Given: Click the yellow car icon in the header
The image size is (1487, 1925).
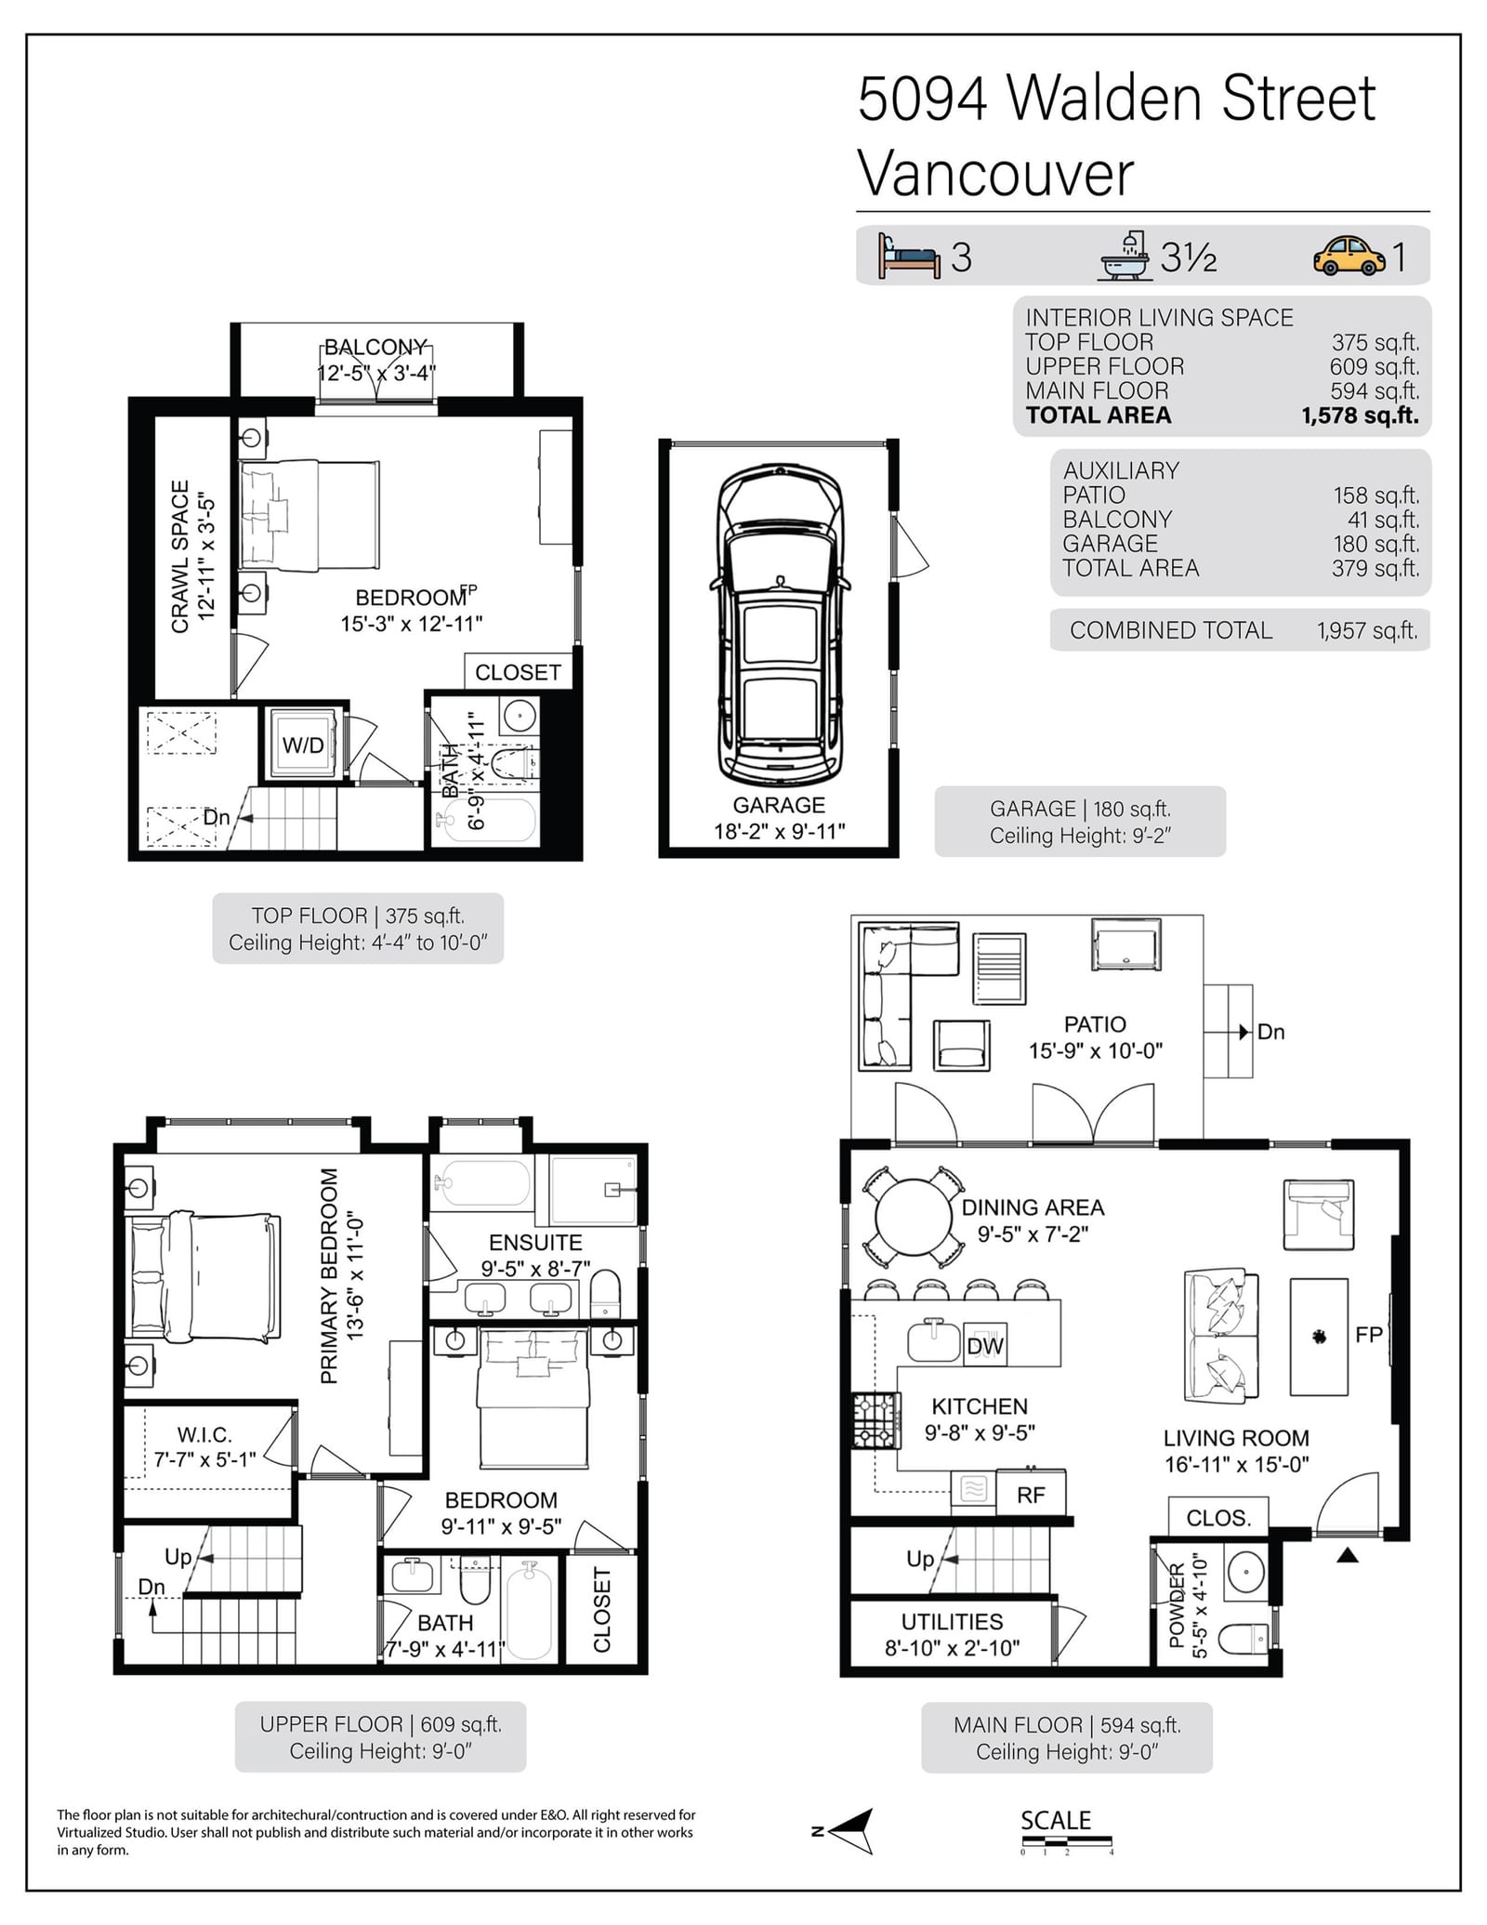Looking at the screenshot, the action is tap(1349, 256).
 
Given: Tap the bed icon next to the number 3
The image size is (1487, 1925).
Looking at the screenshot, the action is tap(910, 256).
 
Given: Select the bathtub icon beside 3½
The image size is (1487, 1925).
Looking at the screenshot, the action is tap(1127, 256).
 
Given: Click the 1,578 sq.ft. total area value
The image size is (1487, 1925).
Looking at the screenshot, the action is tap(1361, 415).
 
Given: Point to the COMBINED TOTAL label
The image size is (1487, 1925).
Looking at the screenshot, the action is tap(1170, 630).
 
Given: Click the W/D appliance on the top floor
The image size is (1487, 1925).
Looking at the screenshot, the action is tap(303, 745).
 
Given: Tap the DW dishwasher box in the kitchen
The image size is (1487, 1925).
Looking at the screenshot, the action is tap(985, 1345).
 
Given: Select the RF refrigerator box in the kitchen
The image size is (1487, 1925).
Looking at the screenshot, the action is tap(1031, 1494).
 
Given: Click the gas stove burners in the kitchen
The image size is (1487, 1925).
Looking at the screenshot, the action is tap(876, 1419).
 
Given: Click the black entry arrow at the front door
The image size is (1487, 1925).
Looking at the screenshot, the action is tap(1348, 1554).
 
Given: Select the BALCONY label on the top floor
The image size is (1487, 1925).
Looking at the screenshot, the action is tap(375, 347).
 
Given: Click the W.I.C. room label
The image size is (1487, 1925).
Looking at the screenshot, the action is tap(204, 1435).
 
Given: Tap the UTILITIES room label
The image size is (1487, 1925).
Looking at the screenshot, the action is tap(952, 1622).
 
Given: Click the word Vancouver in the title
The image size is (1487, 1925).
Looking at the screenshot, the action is tap(995, 174).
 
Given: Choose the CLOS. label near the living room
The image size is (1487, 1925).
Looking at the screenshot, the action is tap(1218, 1518).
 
